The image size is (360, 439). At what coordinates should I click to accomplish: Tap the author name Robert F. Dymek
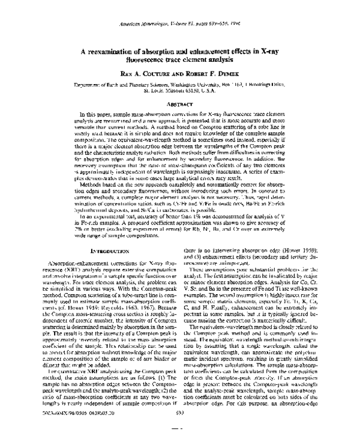[212, 74]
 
